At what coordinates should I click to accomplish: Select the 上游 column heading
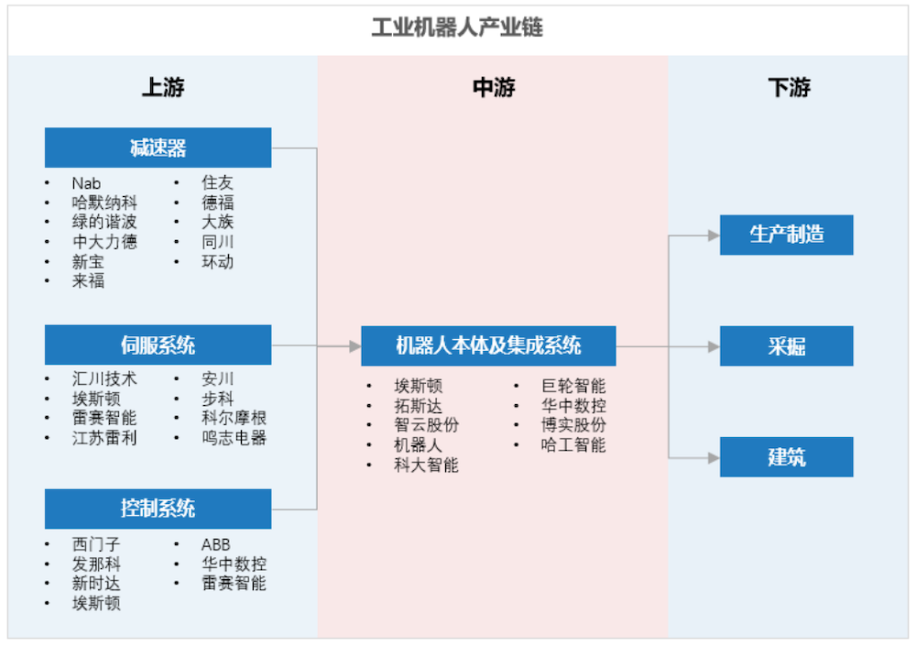(x=162, y=88)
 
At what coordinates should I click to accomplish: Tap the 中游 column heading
(x=493, y=88)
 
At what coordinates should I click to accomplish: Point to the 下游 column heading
(x=788, y=88)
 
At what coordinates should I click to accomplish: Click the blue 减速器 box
(x=158, y=148)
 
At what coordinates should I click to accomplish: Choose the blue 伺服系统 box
(x=158, y=345)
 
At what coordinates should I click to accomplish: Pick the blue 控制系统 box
(x=158, y=509)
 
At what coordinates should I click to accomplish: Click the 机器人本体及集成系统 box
(x=488, y=346)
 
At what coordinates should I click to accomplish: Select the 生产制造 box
(x=786, y=235)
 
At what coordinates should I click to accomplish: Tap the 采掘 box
(x=786, y=346)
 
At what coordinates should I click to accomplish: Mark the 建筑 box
(x=786, y=456)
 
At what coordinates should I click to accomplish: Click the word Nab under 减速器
(x=86, y=183)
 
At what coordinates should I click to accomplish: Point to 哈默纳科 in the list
(x=104, y=203)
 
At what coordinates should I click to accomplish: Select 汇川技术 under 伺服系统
(x=104, y=378)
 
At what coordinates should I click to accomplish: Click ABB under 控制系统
(x=215, y=544)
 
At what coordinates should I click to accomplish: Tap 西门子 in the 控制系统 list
(x=96, y=544)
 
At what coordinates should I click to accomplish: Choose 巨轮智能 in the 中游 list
(x=573, y=387)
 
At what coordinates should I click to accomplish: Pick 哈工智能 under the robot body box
(x=573, y=446)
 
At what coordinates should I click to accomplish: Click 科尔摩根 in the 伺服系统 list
(x=234, y=418)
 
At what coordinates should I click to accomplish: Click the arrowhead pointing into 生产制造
(x=714, y=235)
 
